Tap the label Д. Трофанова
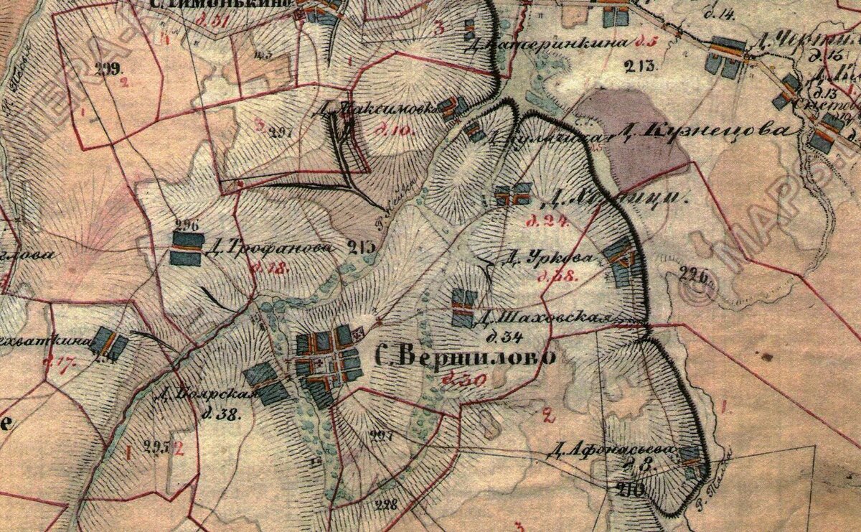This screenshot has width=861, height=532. click(269, 248)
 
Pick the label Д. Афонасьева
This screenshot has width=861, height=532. click(613, 449)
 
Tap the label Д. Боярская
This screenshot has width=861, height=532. click(204, 396)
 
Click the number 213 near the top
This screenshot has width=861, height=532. click(640, 67)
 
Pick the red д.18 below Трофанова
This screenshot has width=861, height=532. click(270, 269)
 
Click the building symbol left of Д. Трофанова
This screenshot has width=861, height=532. click(187, 248)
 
